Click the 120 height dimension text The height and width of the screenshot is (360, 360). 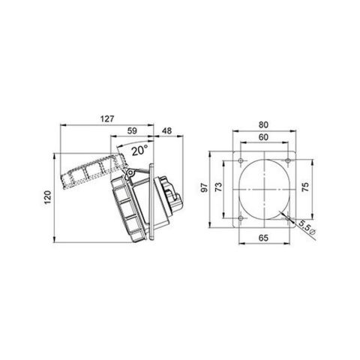pos(46,196)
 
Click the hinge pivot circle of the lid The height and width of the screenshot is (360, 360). pos(130,175)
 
